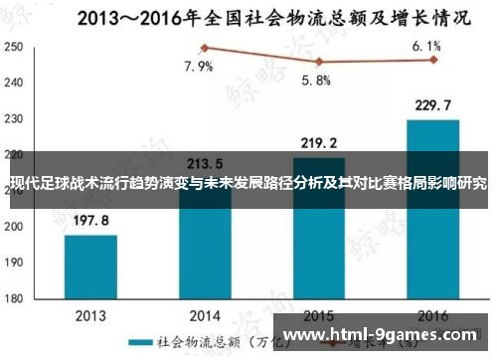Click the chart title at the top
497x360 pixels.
[248, 17]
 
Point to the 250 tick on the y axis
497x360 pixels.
[14, 48]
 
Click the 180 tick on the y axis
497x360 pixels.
[14, 297]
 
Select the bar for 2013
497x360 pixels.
[90, 266]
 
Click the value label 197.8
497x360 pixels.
[90, 221]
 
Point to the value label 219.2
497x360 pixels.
[318, 142]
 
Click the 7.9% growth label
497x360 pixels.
[198, 68]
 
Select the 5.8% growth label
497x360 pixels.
[316, 81]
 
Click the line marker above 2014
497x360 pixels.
[205, 48]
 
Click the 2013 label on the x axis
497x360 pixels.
[90, 314]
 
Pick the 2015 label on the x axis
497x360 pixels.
[318, 314]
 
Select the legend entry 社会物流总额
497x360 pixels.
[189, 342]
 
